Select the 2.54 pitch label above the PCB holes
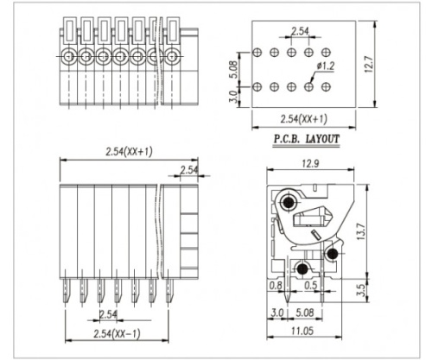click(x=299, y=32)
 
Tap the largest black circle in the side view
click(x=288, y=205)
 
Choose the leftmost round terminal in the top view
click(x=68, y=58)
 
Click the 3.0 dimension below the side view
click(x=277, y=313)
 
